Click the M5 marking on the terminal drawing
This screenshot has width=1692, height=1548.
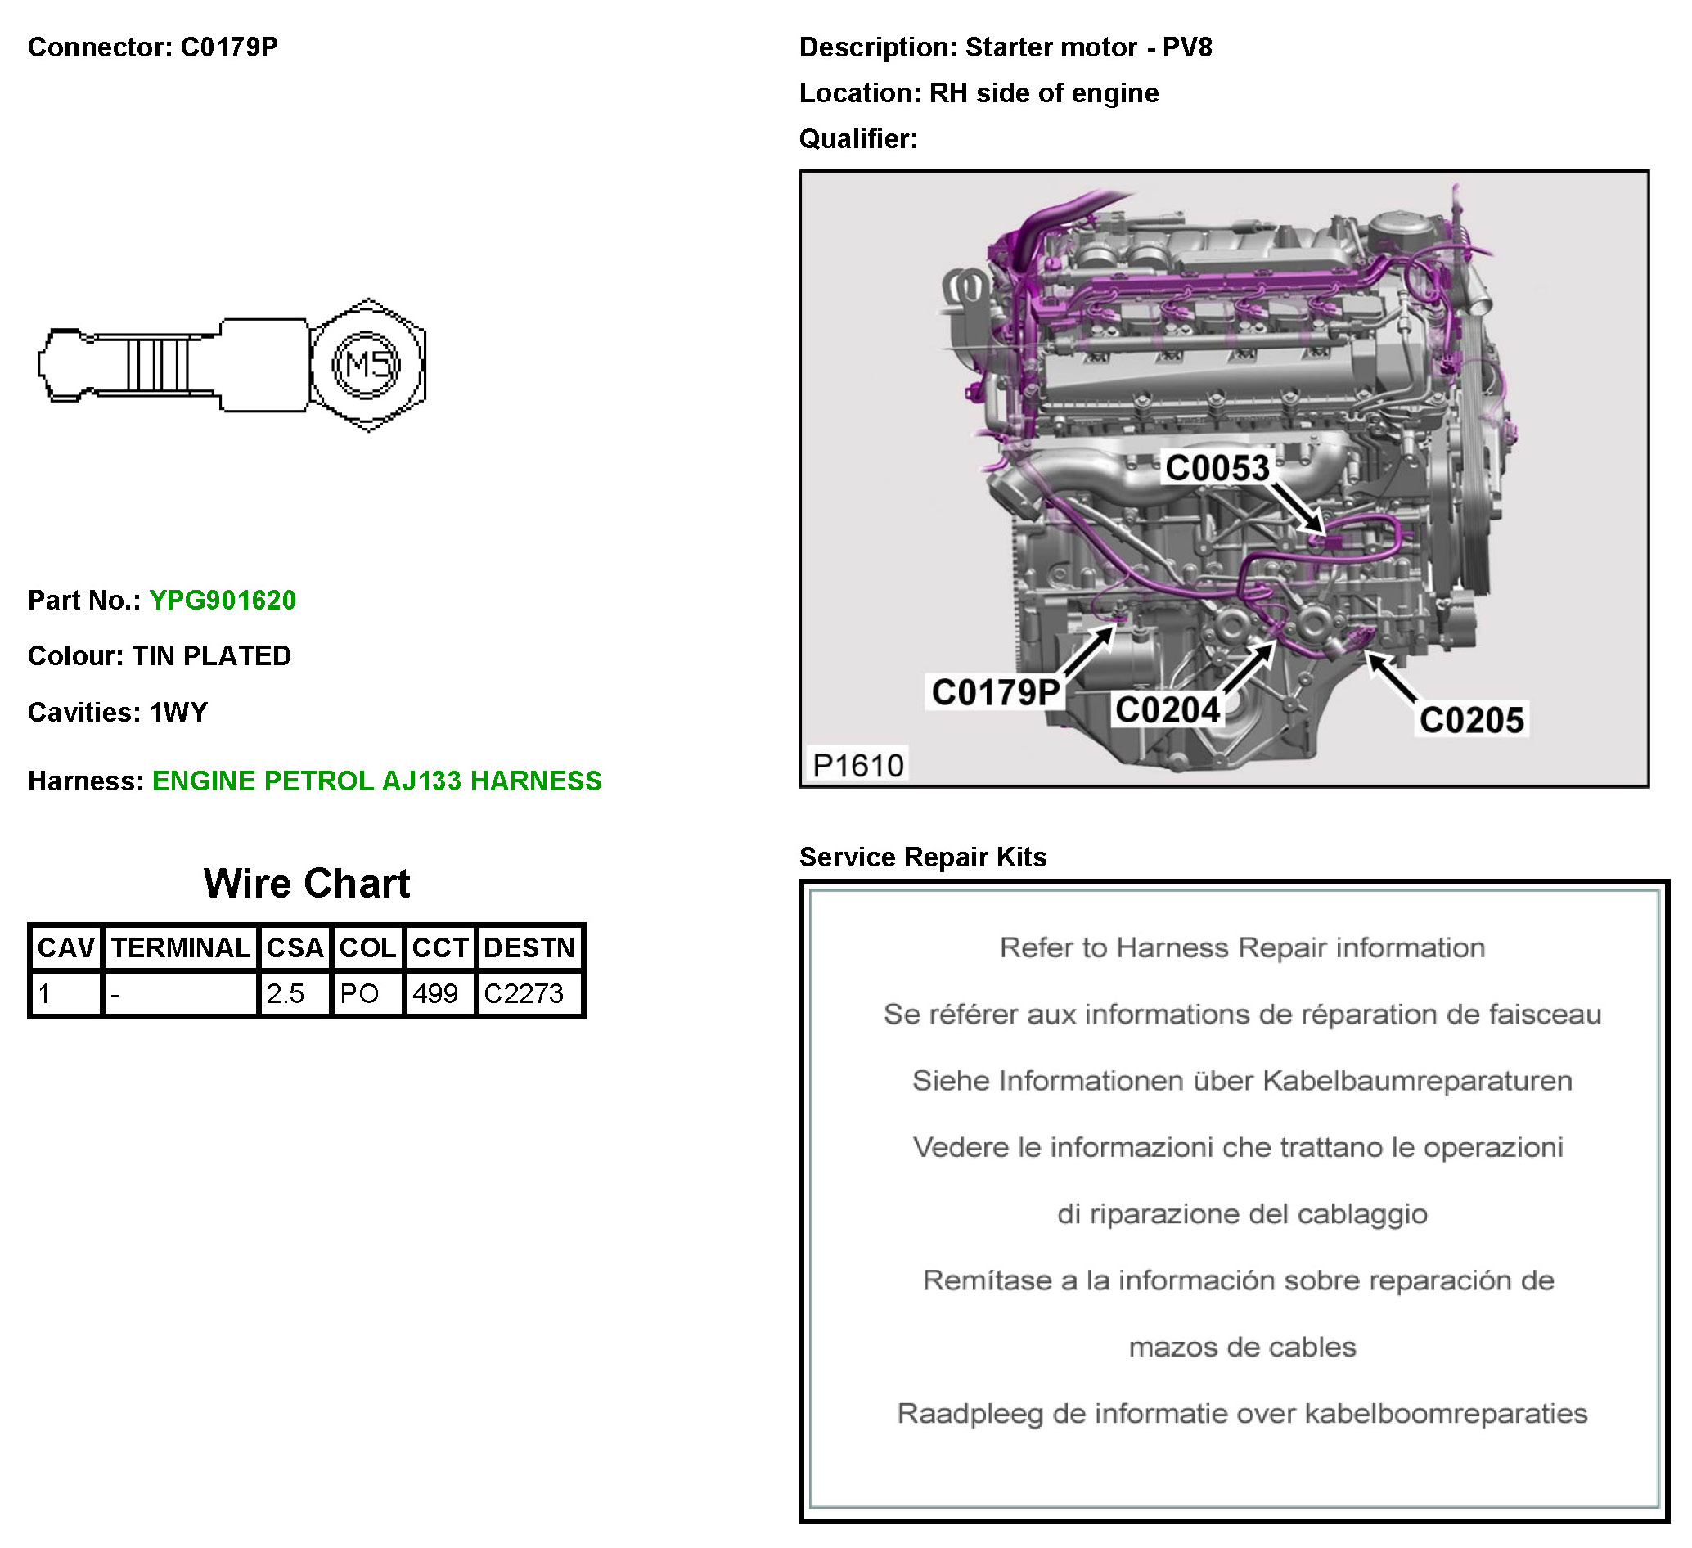367,365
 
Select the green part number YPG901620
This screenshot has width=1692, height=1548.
223,601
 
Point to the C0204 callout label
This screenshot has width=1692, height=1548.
1167,710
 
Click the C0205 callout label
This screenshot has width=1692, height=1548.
1471,720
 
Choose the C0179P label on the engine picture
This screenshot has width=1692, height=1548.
996,692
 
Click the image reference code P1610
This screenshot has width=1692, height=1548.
857,765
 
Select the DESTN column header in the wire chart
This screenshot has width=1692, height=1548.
529,947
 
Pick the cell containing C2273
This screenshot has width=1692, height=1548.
524,994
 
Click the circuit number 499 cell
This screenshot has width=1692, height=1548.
434,994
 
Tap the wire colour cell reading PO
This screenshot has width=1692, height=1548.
359,994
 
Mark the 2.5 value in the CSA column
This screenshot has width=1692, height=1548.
286,994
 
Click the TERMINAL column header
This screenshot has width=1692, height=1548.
181,947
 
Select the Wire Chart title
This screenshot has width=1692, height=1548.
306,883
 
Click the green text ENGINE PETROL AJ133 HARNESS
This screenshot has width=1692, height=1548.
377,781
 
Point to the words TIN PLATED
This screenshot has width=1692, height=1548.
211,655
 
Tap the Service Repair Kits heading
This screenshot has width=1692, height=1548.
922,857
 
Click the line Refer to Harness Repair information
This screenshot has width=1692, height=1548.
1242,947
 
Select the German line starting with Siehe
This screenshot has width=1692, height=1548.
1242,1081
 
